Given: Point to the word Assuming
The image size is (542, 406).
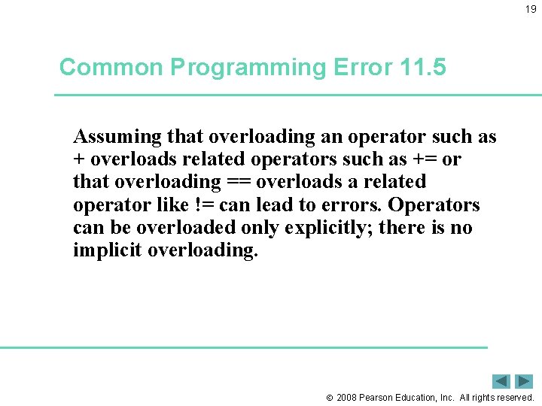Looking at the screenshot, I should tap(117, 137).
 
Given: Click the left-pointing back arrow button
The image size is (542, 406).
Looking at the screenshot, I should tap(501, 381).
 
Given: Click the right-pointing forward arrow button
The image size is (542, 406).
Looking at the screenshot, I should tap(524, 381).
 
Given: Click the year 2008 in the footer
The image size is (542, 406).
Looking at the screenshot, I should tap(347, 398).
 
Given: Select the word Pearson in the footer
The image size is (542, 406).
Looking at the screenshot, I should tap(379, 398).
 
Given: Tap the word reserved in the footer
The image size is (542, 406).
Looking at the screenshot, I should tap(514, 398).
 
